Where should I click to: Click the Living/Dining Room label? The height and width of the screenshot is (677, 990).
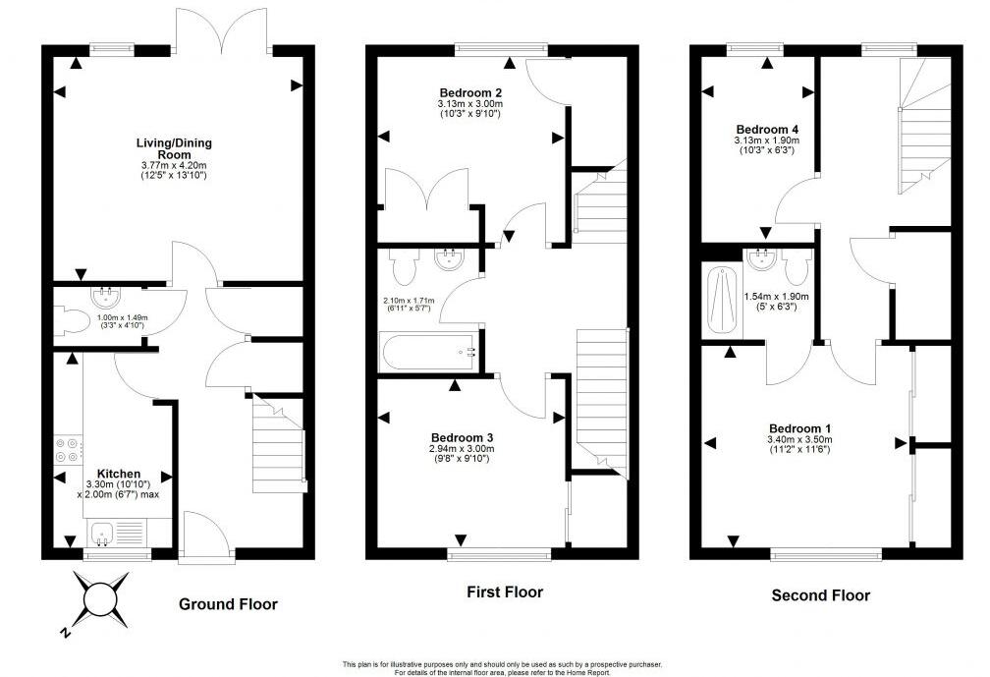coord(174,149)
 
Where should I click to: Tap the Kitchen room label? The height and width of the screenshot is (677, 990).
coord(118,473)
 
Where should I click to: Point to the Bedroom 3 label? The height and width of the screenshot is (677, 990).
coord(462,437)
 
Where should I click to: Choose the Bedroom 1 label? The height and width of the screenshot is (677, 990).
coord(799,428)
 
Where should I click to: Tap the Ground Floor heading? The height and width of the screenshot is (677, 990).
coord(228,604)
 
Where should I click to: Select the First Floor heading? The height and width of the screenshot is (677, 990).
coord(505,592)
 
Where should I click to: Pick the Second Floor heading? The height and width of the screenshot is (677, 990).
coord(820,594)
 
